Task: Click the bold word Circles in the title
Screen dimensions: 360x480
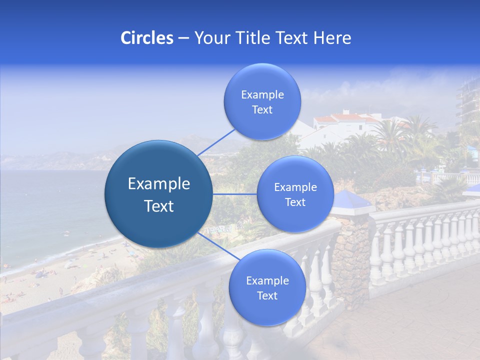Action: [x=146, y=38]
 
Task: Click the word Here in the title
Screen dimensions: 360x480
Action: [x=332, y=38]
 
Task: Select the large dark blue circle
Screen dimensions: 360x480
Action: [x=158, y=194]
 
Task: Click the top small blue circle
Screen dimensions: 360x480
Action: [x=262, y=102]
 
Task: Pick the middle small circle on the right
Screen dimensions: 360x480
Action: [x=295, y=194]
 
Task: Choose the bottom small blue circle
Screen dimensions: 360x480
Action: [x=267, y=288]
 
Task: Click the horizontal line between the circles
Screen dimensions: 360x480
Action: [x=234, y=194]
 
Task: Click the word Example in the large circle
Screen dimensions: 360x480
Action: [x=159, y=184]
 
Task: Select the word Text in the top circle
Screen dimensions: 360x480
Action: [x=262, y=110]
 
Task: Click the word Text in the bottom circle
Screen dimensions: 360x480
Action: [x=267, y=296]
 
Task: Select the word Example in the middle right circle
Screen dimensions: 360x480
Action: [x=295, y=187]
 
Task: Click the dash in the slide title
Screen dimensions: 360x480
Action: [x=183, y=38]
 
